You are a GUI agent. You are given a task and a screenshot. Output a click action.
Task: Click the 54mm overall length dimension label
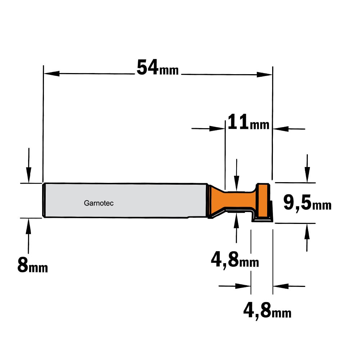pos(158,68)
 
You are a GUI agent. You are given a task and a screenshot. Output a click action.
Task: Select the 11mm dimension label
pos(248,122)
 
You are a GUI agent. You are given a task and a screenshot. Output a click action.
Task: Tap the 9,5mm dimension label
pos(307,203)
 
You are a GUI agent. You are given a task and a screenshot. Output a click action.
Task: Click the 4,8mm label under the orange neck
pos(235,260)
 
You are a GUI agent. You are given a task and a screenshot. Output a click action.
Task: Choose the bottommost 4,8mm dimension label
pos(267,310)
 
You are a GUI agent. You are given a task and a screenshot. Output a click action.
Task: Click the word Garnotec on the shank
pos(99,203)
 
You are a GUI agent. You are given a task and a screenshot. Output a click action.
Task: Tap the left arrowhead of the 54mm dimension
pos(51,73)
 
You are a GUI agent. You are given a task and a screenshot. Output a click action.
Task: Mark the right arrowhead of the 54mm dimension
pos(264,75)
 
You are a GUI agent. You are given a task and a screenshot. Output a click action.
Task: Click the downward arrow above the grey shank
pos(29,165)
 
